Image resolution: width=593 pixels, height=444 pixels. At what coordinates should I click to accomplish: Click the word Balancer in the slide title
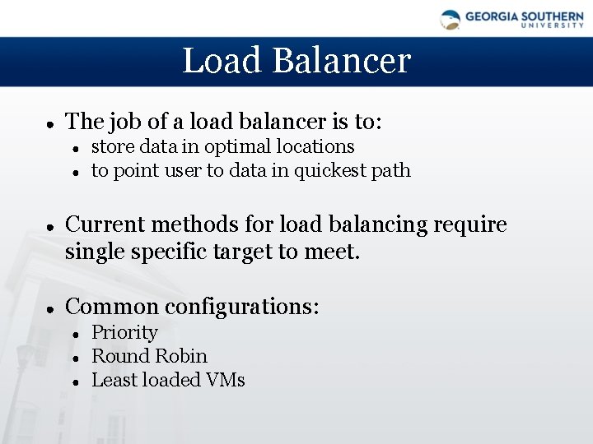[x=341, y=61]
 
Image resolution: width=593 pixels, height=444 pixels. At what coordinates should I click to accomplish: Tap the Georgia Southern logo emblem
[x=450, y=19]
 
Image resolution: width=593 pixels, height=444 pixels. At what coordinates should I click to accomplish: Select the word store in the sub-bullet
[x=110, y=147]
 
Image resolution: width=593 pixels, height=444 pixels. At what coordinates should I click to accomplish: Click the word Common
[x=112, y=307]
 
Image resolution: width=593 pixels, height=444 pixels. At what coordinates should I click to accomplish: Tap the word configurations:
[x=242, y=308]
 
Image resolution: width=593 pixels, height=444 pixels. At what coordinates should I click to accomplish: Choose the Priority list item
[x=124, y=332]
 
